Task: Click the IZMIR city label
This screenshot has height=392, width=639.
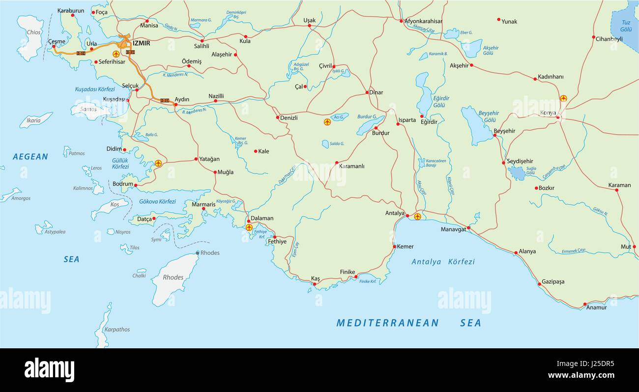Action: [x=141, y=43]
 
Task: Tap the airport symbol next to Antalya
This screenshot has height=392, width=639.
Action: [x=417, y=216]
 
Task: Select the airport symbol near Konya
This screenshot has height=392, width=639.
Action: [x=563, y=98]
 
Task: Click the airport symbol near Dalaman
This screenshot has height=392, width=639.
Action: [x=249, y=227]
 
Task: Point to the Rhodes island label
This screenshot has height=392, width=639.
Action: [x=173, y=278]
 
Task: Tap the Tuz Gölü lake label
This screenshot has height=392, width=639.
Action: [x=626, y=26]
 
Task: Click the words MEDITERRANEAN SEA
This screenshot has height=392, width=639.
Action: [x=408, y=323]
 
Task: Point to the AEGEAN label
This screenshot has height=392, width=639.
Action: [x=30, y=157]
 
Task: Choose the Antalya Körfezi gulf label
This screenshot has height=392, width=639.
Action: [x=443, y=262]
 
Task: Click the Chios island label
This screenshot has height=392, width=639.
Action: [x=33, y=32]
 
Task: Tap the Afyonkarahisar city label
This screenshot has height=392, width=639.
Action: [x=423, y=21]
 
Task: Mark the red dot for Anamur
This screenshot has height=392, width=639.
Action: [x=584, y=304]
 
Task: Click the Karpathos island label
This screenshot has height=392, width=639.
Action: [x=117, y=329]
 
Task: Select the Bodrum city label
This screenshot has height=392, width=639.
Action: [x=123, y=184]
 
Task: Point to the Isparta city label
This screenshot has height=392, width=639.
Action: [x=407, y=120]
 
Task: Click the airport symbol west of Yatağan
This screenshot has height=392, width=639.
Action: [x=158, y=163]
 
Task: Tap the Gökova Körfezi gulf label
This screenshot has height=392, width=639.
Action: [x=157, y=201]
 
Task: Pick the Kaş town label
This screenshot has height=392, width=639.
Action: [x=315, y=279]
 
